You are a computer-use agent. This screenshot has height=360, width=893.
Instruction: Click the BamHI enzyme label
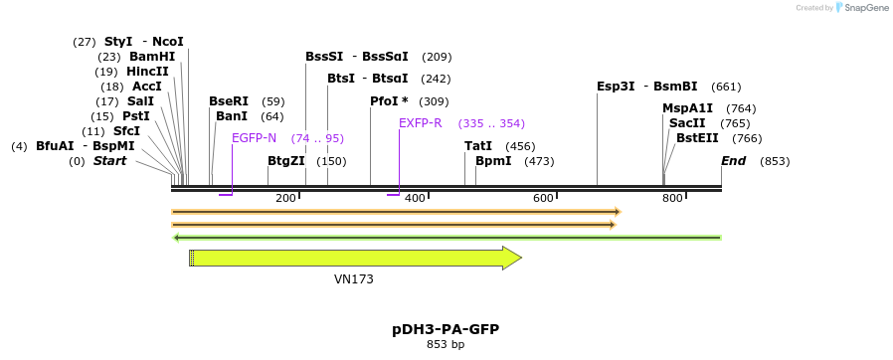152,57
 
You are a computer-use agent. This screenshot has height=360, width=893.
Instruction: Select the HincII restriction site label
147,72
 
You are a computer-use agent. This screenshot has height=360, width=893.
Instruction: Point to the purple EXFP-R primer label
420,123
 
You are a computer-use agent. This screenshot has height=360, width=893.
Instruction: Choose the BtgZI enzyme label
285,161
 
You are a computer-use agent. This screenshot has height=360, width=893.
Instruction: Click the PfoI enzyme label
389,101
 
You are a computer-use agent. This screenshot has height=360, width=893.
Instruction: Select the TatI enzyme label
478,146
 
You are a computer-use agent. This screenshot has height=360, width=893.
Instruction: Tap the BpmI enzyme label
493,161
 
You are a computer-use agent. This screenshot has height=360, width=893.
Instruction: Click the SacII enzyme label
687,123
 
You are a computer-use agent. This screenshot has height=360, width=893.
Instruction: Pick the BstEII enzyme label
697,138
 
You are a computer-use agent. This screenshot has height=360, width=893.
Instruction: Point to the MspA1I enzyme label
688,108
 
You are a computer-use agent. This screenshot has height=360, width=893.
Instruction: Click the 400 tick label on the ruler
415,198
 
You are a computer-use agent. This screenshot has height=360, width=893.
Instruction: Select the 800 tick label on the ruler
672,198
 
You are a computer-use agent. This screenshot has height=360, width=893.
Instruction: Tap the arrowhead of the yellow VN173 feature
512,259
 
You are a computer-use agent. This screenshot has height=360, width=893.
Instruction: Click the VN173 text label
354,279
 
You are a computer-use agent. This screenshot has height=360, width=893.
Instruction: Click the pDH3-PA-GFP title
446,328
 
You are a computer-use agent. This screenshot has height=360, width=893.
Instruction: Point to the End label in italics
734,161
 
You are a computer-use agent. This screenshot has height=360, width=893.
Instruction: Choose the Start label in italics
109,161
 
